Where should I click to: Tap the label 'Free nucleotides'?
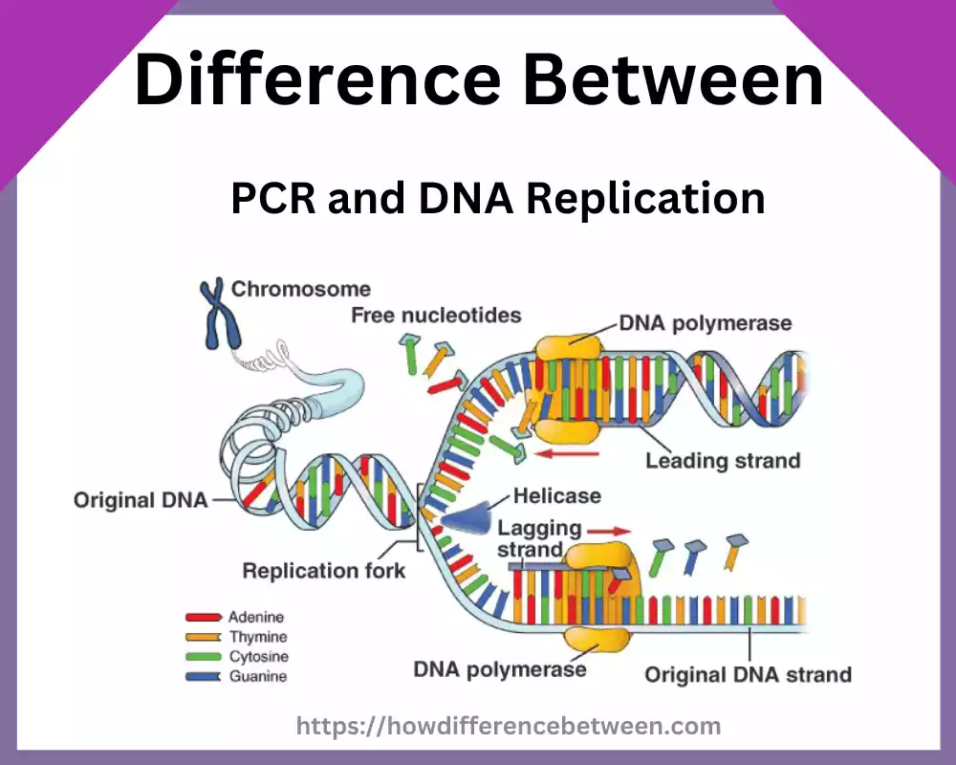[x=436, y=315]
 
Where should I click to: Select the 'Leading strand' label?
[x=723, y=461]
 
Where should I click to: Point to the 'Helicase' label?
[x=557, y=495]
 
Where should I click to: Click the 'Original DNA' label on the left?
[x=141, y=500]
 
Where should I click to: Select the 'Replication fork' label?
[x=324, y=571]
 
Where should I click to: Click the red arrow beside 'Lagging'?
[x=608, y=530]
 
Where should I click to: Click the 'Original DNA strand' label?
[x=748, y=674]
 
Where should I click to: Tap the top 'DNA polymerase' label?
[x=706, y=322]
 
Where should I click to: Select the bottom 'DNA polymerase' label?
[x=500, y=668]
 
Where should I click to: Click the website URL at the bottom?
[x=508, y=727]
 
